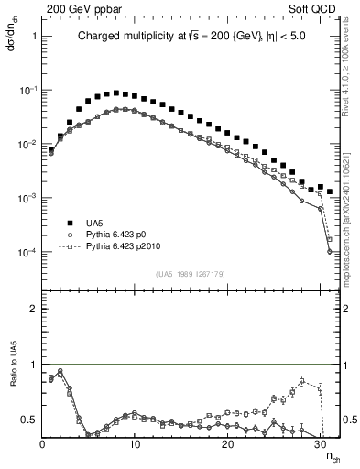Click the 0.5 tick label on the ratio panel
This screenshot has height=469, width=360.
click(28, 420)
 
